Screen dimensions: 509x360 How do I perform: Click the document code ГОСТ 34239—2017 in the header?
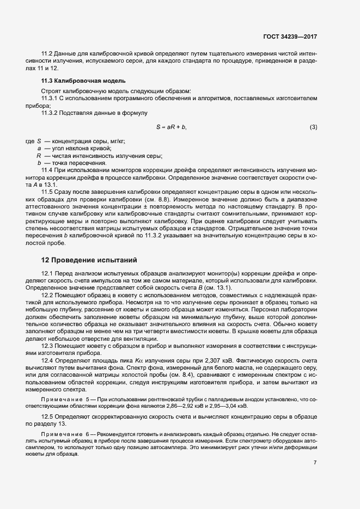coord(290,36)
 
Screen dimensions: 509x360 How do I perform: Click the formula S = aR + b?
coord(172,127)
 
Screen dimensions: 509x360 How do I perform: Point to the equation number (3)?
coord(313,127)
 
